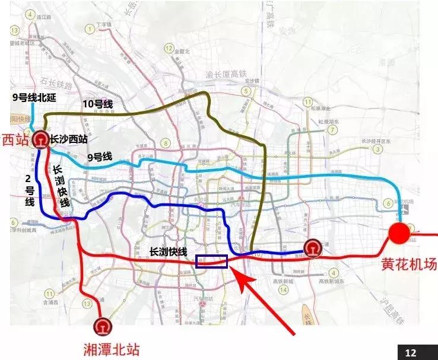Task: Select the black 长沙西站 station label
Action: pyautogui.click(x=73, y=139)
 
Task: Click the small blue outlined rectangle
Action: pyautogui.click(x=211, y=262)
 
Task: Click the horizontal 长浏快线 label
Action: pyautogui.click(x=168, y=251)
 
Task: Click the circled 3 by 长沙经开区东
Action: pyautogui.click(x=376, y=149)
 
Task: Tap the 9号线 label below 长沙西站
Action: pyautogui.click(x=100, y=157)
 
